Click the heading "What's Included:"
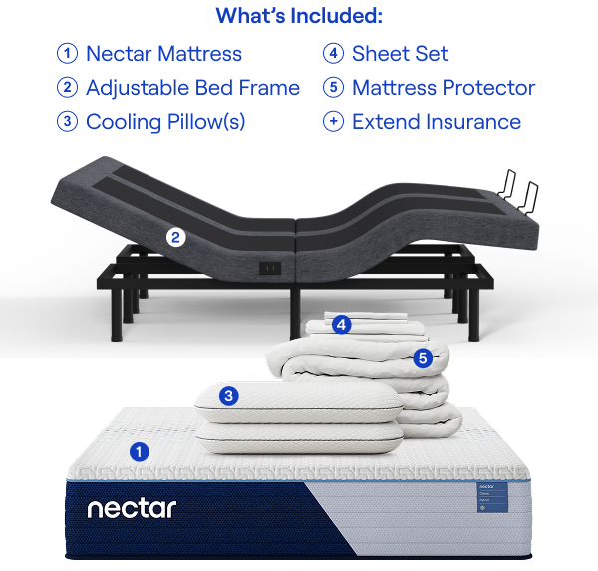[x=299, y=16]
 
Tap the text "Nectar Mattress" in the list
[x=163, y=54]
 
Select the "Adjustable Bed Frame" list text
[x=192, y=88]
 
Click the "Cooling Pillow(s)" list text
[x=165, y=122]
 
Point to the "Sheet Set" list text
[x=400, y=54]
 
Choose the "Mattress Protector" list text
[x=444, y=88]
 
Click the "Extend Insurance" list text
[x=437, y=122]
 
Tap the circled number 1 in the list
[x=67, y=54]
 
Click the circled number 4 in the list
[x=333, y=54]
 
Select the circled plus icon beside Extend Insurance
[x=333, y=122]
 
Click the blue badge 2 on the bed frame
[x=175, y=237]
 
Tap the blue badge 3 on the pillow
[x=229, y=396]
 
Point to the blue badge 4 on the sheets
[x=342, y=324]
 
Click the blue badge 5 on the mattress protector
[x=423, y=357]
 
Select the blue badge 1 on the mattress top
[x=140, y=450]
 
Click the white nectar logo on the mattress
[x=132, y=509]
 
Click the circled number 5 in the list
[x=333, y=88]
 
